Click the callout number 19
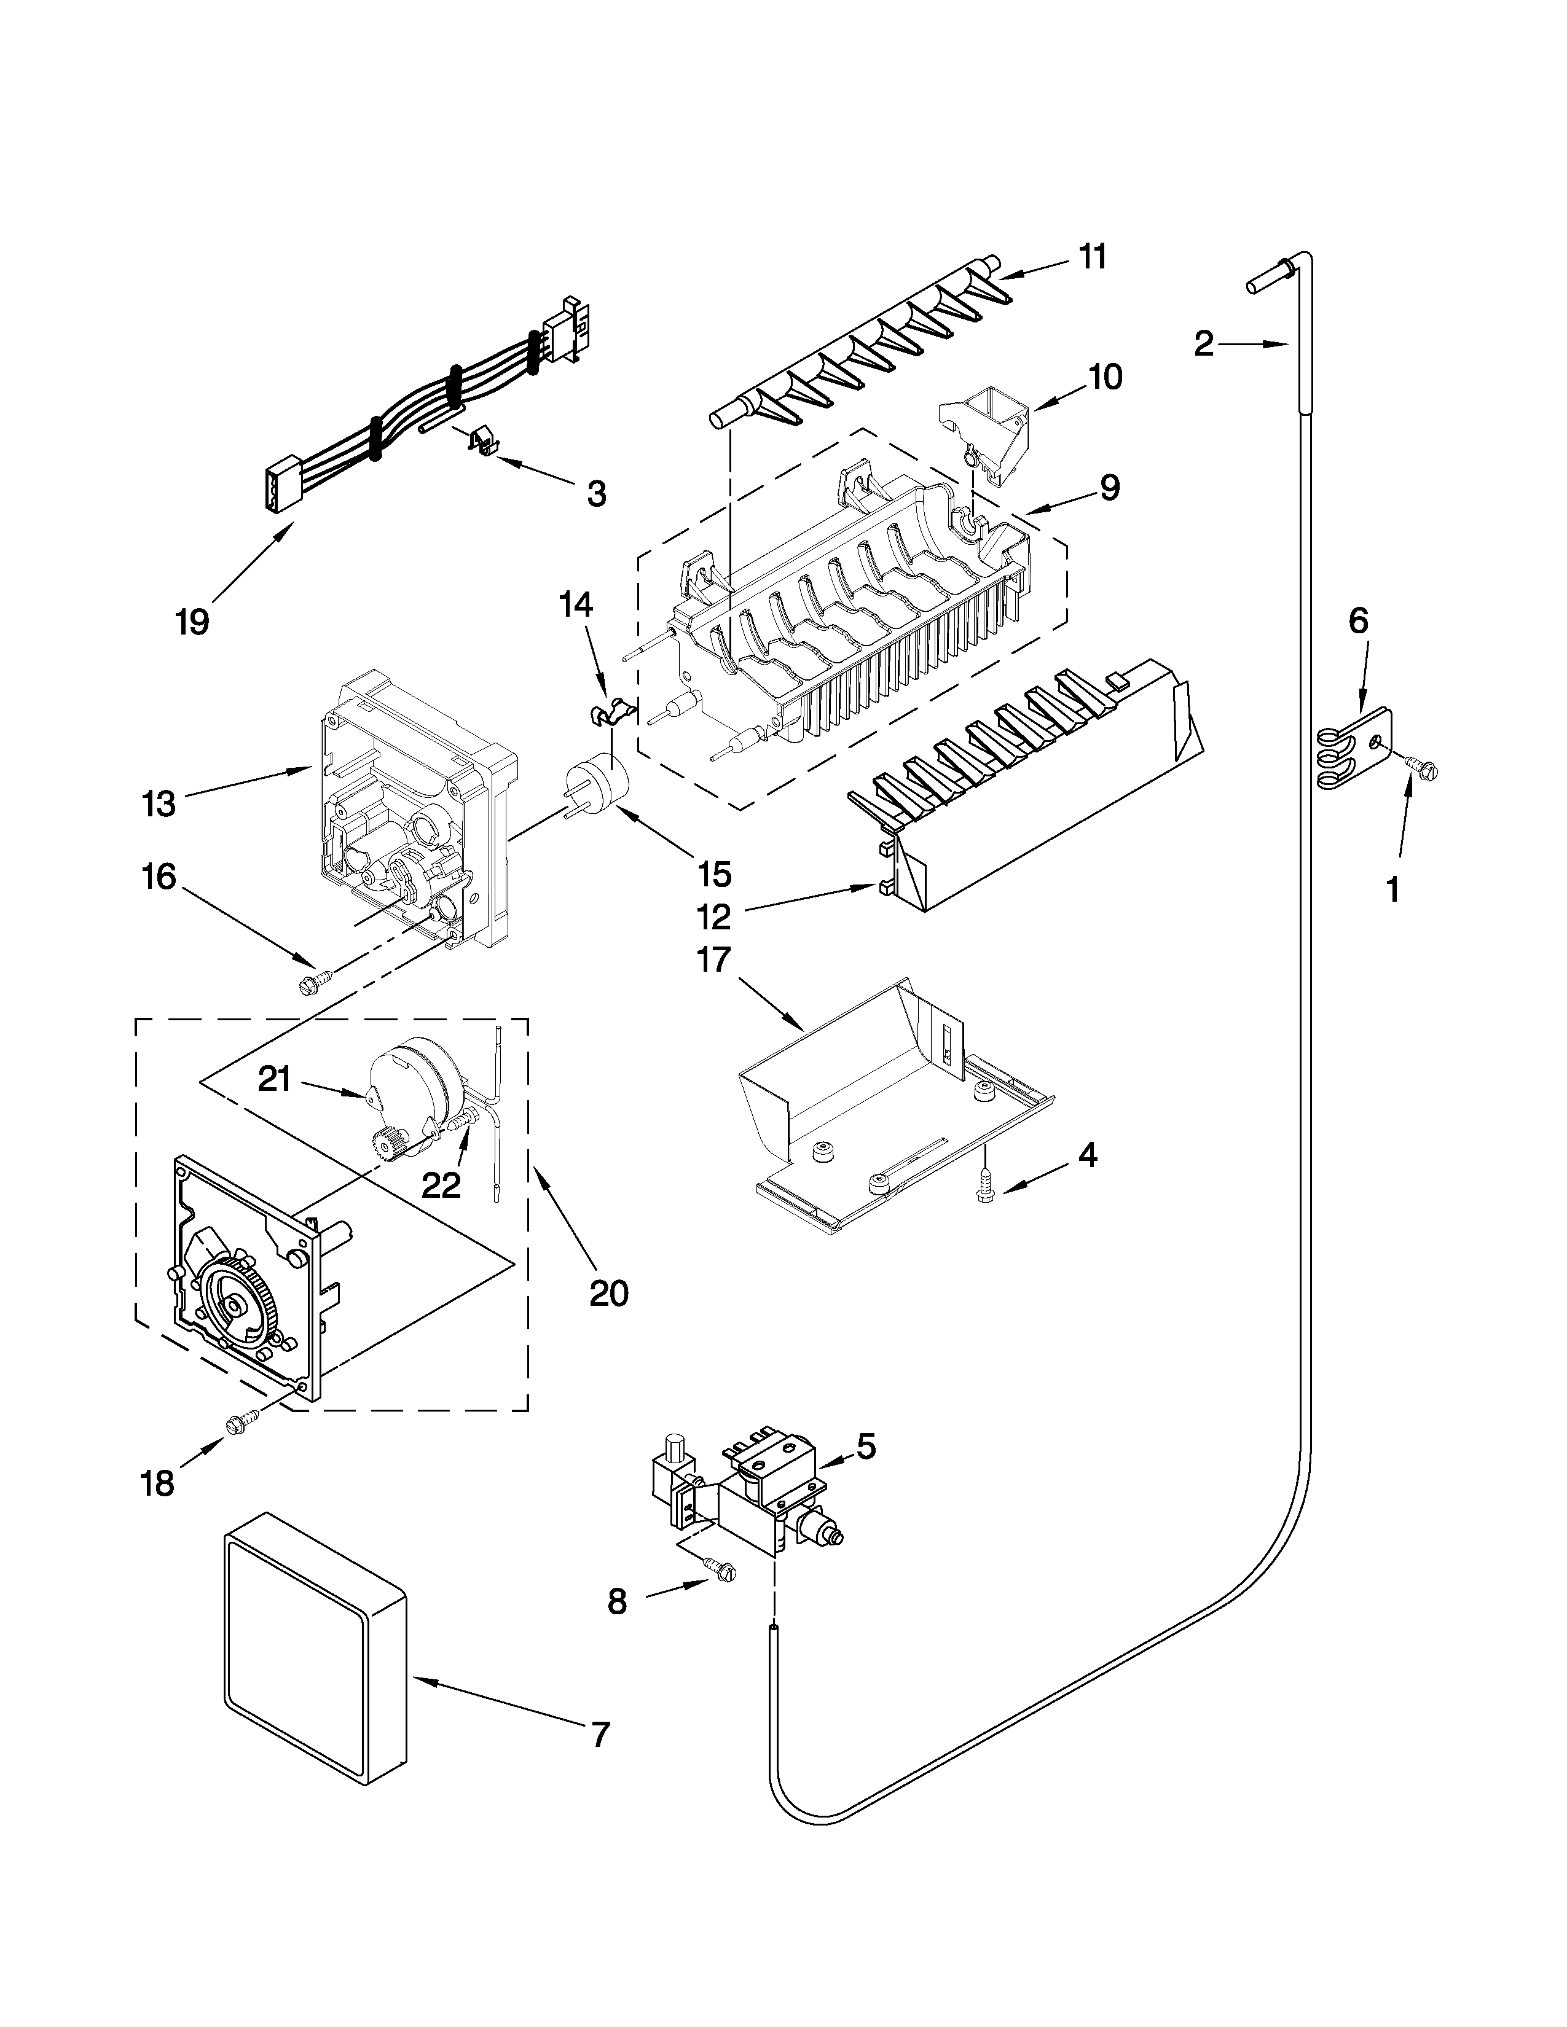pos(192,621)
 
